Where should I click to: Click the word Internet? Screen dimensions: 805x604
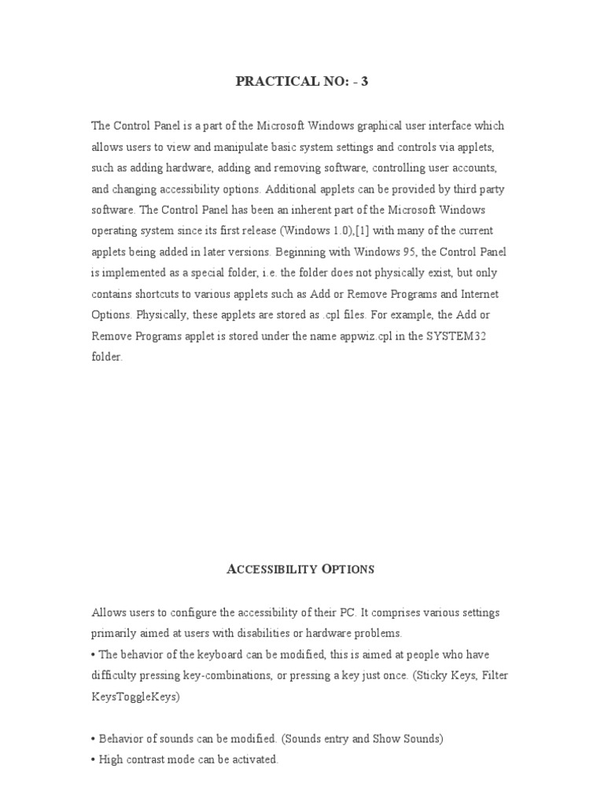[479, 294]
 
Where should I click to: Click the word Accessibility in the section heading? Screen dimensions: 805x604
[271, 569]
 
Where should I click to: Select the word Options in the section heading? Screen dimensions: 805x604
[348, 569]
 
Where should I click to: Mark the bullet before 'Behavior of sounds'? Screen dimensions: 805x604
[94, 739]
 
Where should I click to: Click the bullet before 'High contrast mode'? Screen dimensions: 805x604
[94, 760]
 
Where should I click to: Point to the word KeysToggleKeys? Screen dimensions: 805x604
[136, 697]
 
